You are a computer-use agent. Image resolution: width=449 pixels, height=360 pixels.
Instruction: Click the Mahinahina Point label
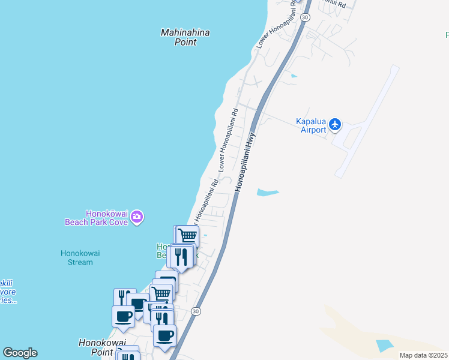185,37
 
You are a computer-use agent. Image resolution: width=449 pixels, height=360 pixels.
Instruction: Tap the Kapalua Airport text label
311,125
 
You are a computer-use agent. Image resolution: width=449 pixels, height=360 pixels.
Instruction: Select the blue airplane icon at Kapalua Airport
335,125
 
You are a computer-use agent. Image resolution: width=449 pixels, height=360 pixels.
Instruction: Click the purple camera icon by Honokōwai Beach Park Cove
137,217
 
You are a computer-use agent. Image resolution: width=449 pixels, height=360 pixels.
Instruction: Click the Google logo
20,353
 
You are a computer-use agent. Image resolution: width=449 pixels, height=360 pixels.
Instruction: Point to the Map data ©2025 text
423,355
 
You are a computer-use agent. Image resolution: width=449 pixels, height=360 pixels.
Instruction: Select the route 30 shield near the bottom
196,311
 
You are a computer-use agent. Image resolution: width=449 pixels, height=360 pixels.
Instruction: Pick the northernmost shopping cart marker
188,235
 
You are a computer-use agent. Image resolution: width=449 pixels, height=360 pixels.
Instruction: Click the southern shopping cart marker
161,293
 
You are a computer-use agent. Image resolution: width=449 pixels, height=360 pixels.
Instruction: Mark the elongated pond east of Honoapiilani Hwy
268,193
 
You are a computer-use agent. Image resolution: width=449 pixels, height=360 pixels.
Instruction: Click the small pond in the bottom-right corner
383,346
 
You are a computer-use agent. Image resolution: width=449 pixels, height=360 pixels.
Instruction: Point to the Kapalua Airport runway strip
367,121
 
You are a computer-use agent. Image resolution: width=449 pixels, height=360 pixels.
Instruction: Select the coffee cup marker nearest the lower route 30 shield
164,334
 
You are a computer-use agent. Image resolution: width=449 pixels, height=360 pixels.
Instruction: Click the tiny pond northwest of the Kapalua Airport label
293,76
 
